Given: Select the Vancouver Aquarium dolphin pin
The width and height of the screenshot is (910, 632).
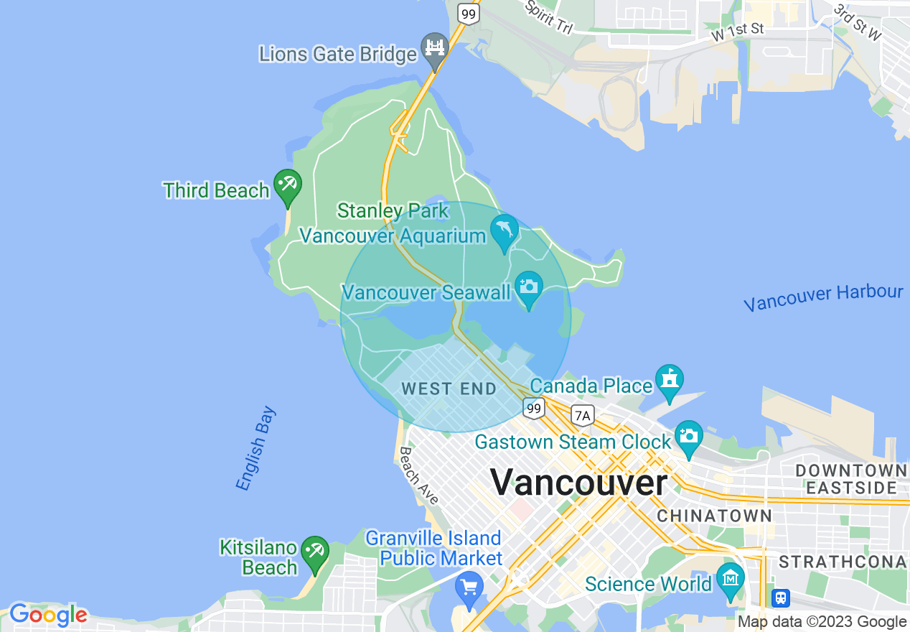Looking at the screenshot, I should (505, 231).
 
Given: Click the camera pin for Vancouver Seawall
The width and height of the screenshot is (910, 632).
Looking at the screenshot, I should (529, 287).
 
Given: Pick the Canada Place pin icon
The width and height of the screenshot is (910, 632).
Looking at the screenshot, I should (669, 381).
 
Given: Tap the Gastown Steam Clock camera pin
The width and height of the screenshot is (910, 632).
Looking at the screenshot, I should (689, 437).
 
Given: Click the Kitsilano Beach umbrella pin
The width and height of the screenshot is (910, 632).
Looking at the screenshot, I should (314, 552).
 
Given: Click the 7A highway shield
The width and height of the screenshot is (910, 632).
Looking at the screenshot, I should (583, 415).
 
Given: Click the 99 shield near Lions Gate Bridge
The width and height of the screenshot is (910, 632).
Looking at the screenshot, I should (469, 13).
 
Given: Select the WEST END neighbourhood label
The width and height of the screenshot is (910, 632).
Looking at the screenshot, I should (449, 389).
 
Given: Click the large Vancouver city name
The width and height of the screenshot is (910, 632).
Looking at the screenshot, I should (578, 482).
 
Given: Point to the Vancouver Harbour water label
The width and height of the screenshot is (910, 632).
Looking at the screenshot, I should (823, 297).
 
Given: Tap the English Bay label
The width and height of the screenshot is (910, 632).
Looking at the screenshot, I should (255, 449).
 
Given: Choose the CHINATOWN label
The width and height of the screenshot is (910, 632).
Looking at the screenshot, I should (714, 516).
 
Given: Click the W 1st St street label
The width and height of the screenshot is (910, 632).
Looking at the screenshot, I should (737, 31).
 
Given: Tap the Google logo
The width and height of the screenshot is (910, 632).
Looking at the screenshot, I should (48, 615).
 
